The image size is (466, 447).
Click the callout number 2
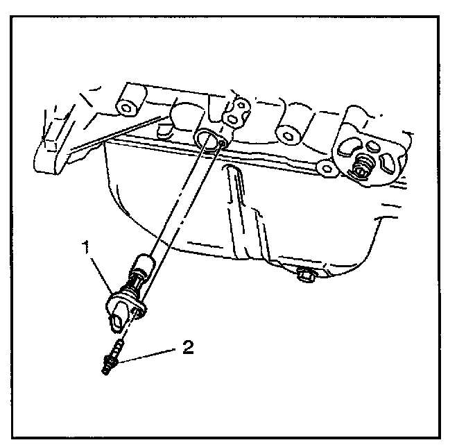[187, 346]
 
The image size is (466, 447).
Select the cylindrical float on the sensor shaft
[144, 267]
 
